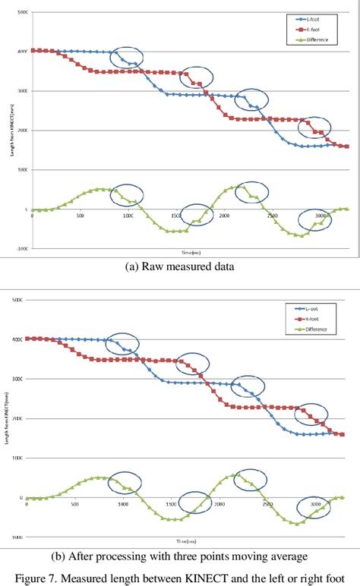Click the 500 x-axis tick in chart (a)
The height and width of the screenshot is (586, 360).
tap(81, 216)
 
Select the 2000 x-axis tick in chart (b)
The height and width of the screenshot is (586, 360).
tap(219, 503)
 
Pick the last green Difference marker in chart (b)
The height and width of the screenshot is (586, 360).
tap(341, 497)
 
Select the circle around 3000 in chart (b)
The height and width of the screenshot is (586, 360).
tap(313, 505)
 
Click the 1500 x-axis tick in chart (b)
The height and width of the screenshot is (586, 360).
tap(172, 503)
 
